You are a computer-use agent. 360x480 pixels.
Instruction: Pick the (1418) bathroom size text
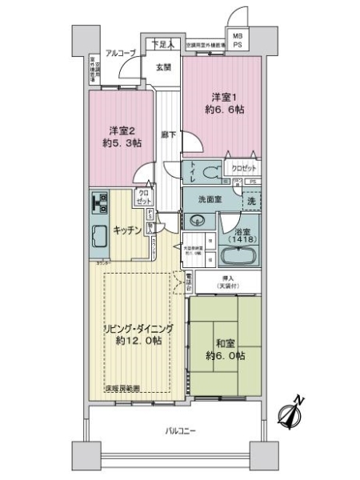pyautogui.click(x=241, y=239)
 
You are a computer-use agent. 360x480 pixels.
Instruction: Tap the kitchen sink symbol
pyautogui.click(x=100, y=237)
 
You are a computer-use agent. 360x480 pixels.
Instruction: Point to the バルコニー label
pyautogui.click(x=178, y=430)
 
